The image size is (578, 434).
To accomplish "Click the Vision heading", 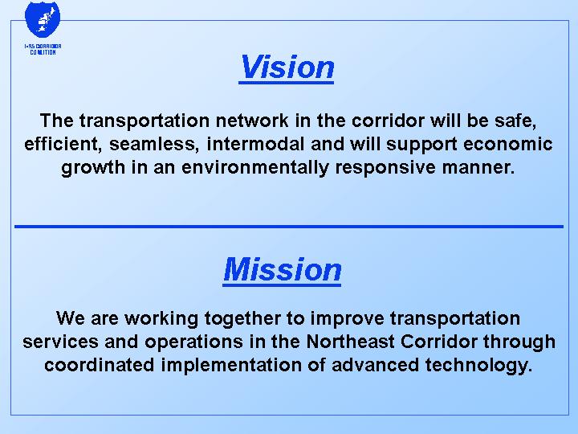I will [287, 67].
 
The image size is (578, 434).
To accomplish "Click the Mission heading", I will [283, 269].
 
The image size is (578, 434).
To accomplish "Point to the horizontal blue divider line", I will [289, 227].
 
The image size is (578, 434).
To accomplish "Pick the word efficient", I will [59, 145].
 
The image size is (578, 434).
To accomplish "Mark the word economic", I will [504, 145].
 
